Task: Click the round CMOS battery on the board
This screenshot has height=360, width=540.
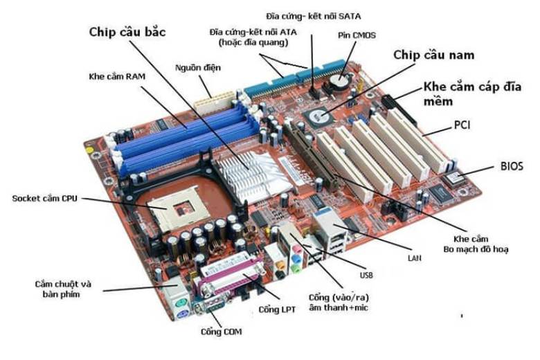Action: [339, 81]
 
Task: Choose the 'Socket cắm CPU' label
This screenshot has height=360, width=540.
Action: [45, 199]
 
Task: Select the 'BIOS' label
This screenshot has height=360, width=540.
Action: [512, 166]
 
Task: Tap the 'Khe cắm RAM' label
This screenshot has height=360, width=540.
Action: [116, 75]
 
